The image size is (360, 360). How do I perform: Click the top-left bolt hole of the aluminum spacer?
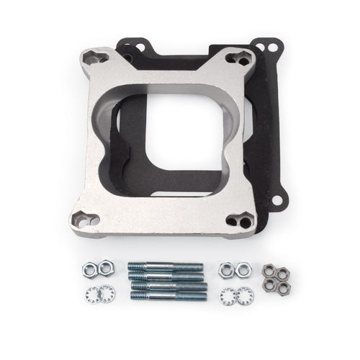coord(93,58)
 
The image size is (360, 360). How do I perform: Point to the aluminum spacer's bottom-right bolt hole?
coord(242,220)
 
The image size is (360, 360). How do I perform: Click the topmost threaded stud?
coord(166,267)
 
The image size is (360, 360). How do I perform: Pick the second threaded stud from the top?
coord(166,276)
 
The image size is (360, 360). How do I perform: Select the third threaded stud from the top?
coord(168,287)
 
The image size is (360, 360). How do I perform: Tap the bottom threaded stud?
coord(168,295)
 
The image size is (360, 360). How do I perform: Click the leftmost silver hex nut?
coord(88,271)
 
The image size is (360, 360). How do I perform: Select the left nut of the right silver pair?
coord(227,269)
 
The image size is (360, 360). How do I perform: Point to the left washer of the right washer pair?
coord(228,294)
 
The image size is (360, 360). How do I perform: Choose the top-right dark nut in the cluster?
coord(282,273)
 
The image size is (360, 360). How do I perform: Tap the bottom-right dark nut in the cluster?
coord(283,287)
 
